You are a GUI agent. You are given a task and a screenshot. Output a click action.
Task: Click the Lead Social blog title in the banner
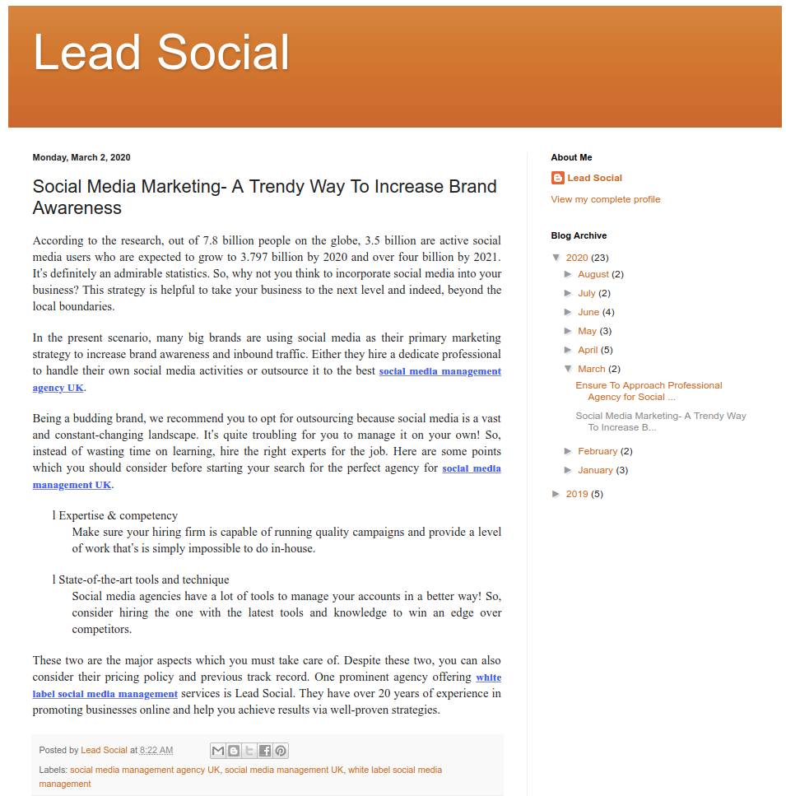(161, 53)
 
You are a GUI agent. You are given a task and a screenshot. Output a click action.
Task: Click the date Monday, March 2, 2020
(81, 157)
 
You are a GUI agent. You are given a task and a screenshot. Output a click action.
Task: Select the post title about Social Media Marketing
(264, 197)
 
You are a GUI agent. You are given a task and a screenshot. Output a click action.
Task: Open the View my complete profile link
(605, 199)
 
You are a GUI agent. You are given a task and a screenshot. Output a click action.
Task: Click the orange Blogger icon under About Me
(558, 178)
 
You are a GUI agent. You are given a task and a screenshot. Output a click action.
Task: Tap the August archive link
(593, 274)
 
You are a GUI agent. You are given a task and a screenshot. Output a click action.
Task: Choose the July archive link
(586, 293)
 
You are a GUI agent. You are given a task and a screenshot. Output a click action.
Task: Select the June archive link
(588, 312)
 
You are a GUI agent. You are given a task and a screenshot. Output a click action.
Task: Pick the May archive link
(587, 331)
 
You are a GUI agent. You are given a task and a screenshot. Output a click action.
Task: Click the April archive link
(588, 350)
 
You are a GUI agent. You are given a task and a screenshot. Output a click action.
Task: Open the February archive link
(598, 451)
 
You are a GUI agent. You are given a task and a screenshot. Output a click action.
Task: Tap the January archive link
(595, 470)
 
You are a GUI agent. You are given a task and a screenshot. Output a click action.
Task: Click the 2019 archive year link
(577, 494)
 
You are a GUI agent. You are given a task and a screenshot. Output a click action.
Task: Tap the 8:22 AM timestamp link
(156, 751)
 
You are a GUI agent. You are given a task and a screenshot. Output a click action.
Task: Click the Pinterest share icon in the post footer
(281, 751)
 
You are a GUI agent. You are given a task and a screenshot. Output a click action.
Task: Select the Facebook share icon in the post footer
(265, 751)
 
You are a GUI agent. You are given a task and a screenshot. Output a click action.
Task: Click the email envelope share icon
(218, 751)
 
